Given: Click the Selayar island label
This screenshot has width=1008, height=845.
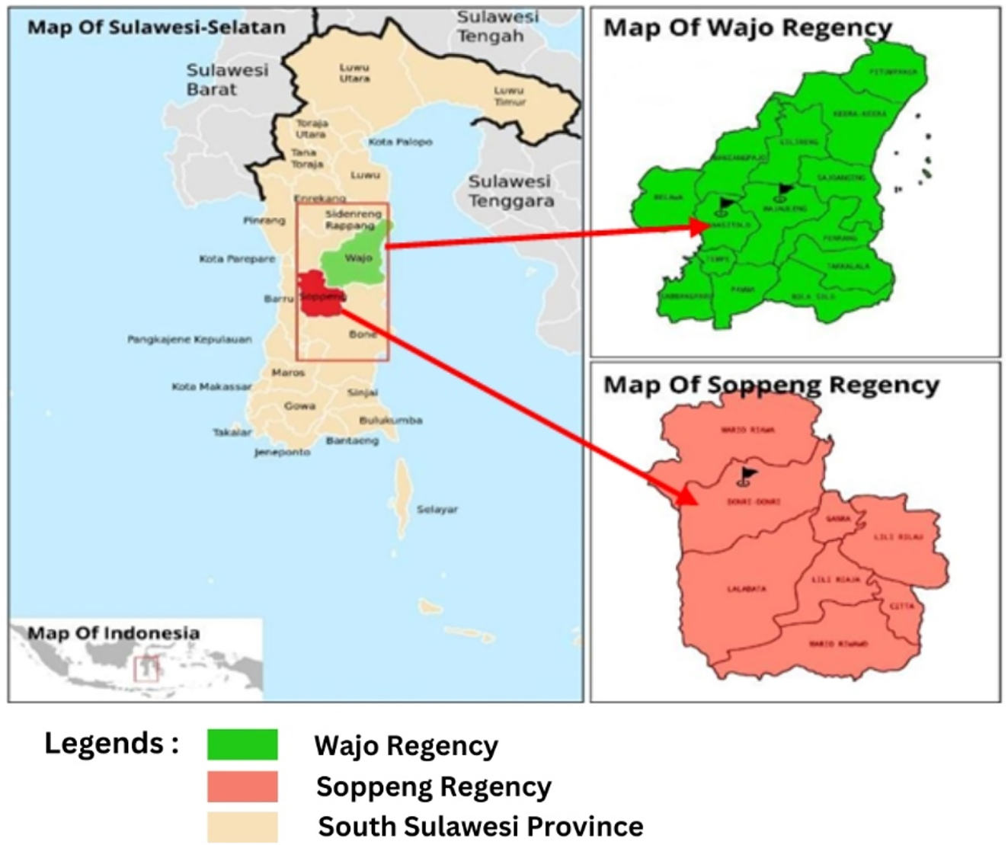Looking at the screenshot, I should (x=437, y=509).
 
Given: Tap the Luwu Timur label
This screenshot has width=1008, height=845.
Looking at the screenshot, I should (x=509, y=95).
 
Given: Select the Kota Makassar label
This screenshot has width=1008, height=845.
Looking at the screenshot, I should (x=211, y=387).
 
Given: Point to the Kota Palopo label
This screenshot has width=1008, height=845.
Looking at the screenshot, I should (x=400, y=142).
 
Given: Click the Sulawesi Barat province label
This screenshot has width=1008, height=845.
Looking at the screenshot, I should (x=227, y=79).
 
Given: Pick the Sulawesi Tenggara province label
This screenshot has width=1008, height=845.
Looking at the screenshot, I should (x=510, y=191).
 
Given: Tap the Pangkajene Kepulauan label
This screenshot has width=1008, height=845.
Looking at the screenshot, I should (x=189, y=339).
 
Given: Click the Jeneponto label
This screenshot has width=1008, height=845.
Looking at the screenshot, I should (x=282, y=452).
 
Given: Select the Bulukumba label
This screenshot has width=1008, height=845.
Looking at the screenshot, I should (x=390, y=420).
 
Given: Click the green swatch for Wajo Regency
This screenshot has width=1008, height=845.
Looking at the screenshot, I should (x=242, y=744).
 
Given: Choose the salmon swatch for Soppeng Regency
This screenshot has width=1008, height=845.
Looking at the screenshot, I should (x=242, y=786).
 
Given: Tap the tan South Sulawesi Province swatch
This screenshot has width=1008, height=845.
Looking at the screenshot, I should (x=242, y=827).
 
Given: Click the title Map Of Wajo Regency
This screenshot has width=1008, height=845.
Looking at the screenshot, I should (x=747, y=28).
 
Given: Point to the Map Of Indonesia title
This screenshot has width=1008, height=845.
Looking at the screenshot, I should (x=114, y=633).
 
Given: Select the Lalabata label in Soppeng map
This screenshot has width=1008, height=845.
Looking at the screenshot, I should (x=747, y=589).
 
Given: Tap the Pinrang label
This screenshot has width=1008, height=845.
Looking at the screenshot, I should (x=264, y=220).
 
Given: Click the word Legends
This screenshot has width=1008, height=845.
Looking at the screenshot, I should (x=111, y=743).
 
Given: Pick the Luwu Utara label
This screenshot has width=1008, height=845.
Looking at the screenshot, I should (x=354, y=72).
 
